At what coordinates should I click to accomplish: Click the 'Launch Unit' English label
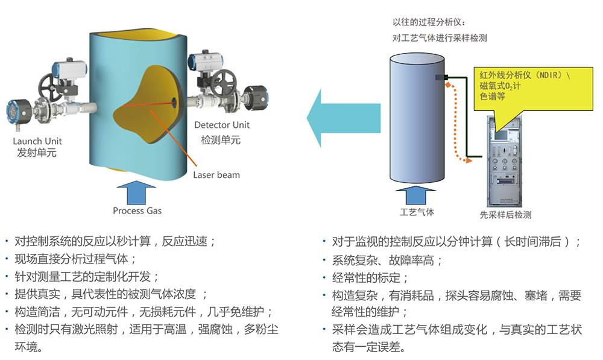[x=37, y=141]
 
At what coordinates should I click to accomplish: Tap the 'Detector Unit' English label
[x=222, y=125]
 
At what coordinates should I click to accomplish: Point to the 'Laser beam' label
[x=216, y=175]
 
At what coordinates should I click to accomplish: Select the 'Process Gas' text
[x=137, y=210]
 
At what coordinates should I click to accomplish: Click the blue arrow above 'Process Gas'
[x=137, y=191]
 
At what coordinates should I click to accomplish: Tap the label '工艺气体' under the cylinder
[x=417, y=212]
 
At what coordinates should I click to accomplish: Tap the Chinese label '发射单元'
[x=37, y=153]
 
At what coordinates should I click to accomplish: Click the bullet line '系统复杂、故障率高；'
[x=387, y=260]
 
